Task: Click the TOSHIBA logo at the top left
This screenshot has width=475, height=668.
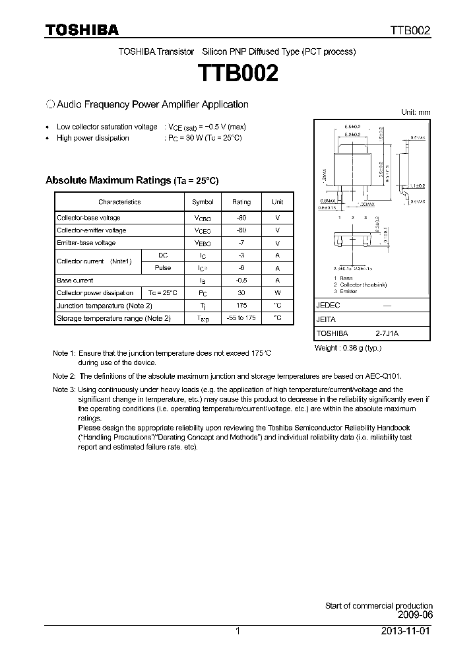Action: pyautogui.click(x=81, y=30)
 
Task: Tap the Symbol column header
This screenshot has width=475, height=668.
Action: pyautogui.click(x=203, y=201)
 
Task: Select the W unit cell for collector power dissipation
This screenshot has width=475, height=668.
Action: pyautogui.click(x=278, y=293)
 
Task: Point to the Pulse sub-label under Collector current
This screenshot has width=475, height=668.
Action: pyautogui.click(x=162, y=268)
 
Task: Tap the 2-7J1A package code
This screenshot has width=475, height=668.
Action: pyautogui.click(x=387, y=334)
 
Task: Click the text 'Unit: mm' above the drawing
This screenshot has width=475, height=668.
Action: pyautogui.click(x=416, y=112)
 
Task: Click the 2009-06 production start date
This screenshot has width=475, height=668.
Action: pyautogui.click(x=416, y=615)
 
